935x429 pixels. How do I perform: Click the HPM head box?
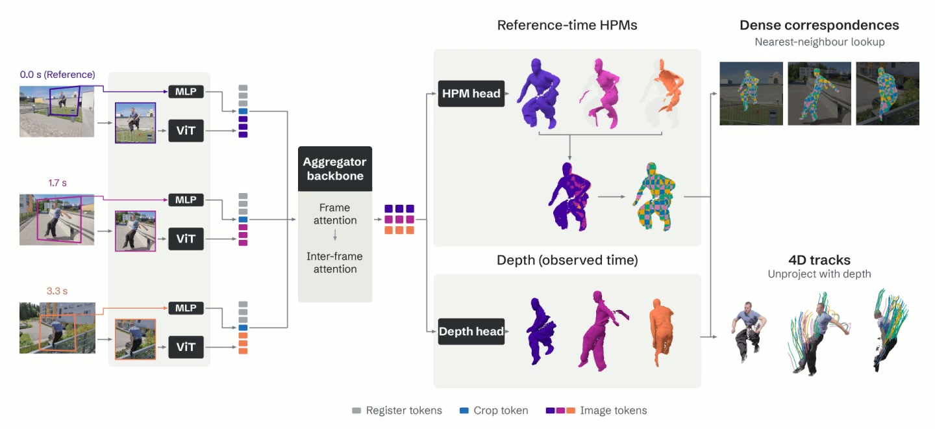(x=471, y=93)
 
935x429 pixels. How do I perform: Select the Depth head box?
(x=471, y=331)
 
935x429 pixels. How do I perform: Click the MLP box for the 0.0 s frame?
(x=186, y=92)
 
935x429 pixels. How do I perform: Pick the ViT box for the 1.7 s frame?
(x=186, y=239)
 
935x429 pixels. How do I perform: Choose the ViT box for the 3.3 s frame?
(x=186, y=346)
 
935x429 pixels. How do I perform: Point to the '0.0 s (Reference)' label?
(x=58, y=74)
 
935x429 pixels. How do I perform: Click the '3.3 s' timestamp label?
(x=56, y=291)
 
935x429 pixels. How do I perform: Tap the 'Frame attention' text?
(x=335, y=214)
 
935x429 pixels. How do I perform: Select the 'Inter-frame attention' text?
(x=335, y=263)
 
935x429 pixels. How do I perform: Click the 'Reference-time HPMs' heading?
(x=567, y=25)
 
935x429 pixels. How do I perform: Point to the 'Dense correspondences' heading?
(x=819, y=25)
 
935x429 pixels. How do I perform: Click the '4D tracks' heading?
(x=819, y=260)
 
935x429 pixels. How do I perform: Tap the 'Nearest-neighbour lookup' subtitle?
(x=819, y=42)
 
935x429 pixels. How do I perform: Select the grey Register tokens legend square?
(x=356, y=411)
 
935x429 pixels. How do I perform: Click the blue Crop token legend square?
(x=464, y=411)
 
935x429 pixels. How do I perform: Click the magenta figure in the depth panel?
(x=601, y=331)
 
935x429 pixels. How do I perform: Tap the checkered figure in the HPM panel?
(x=654, y=196)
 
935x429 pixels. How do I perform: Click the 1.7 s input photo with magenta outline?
(x=56, y=219)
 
